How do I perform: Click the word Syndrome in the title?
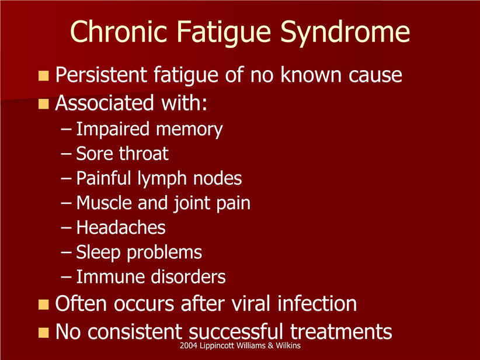click(x=345, y=33)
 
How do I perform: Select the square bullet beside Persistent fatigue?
click(x=44, y=75)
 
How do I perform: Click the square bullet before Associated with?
click(x=44, y=104)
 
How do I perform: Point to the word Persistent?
click(x=102, y=75)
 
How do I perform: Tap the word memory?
click(x=189, y=130)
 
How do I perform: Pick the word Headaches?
click(x=121, y=227)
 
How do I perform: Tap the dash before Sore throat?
click(x=66, y=154)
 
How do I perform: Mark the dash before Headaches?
click(x=66, y=228)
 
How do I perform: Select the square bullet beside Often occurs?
click(x=44, y=304)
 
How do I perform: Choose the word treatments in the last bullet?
click(x=341, y=332)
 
